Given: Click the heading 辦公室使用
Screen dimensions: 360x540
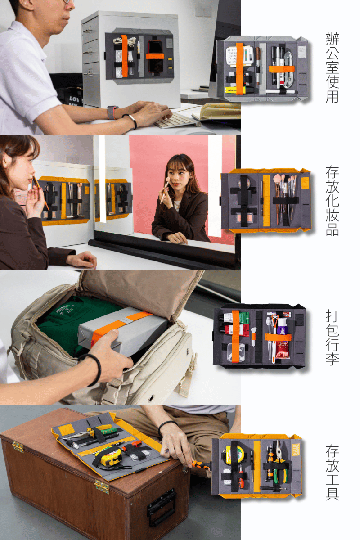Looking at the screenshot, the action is click(332, 67).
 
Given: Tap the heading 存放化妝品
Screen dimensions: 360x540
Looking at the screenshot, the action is click(332, 201).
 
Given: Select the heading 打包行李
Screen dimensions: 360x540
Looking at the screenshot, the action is click(332, 337).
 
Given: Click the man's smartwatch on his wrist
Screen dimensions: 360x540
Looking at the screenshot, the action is click(111, 112).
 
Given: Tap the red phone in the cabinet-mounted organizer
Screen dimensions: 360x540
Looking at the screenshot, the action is click(155, 58).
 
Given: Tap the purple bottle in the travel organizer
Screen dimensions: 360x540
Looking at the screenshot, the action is click(283, 327).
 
